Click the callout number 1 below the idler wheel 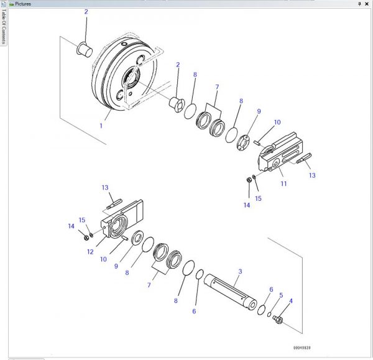tap(101, 125)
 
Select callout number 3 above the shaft tap(241, 272)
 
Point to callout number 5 tap(280, 295)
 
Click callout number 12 tap(91, 252)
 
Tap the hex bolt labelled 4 tap(277, 320)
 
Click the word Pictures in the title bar tap(23, 4)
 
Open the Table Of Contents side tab tap(3, 29)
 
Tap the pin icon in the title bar tap(359, 4)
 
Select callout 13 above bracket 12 tap(105, 187)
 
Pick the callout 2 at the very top tap(86, 12)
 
